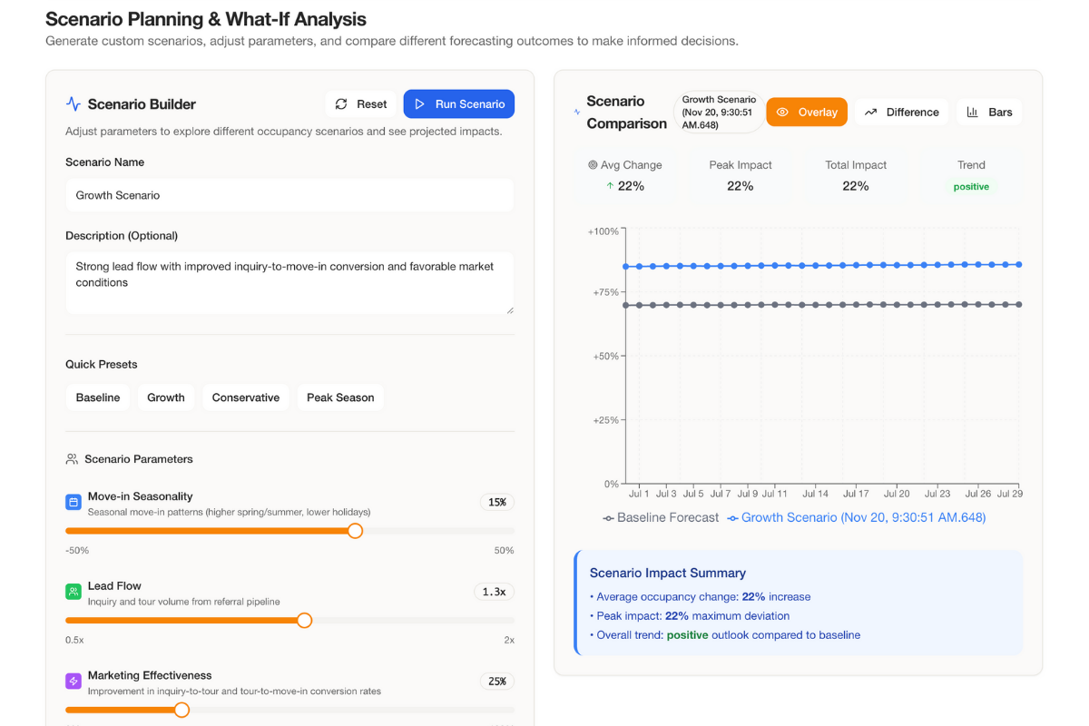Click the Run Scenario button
click(458, 104)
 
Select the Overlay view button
click(807, 113)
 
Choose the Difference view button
click(901, 113)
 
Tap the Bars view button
click(989, 113)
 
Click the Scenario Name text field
click(289, 195)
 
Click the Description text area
click(289, 282)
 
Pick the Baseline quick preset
click(98, 397)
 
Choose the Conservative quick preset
click(245, 397)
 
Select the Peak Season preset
click(340, 397)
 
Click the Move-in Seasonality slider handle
click(356, 531)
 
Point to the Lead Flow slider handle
click(305, 621)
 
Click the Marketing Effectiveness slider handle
click(181, 710)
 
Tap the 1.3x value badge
click(494, 592)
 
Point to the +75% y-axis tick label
click(605, 293)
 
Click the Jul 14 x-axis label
click(816, 494)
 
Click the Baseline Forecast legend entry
click(661, 518)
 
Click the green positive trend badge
click(971, 186)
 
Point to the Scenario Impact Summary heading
click(668, 573)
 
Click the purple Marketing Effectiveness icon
click(74, 681)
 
